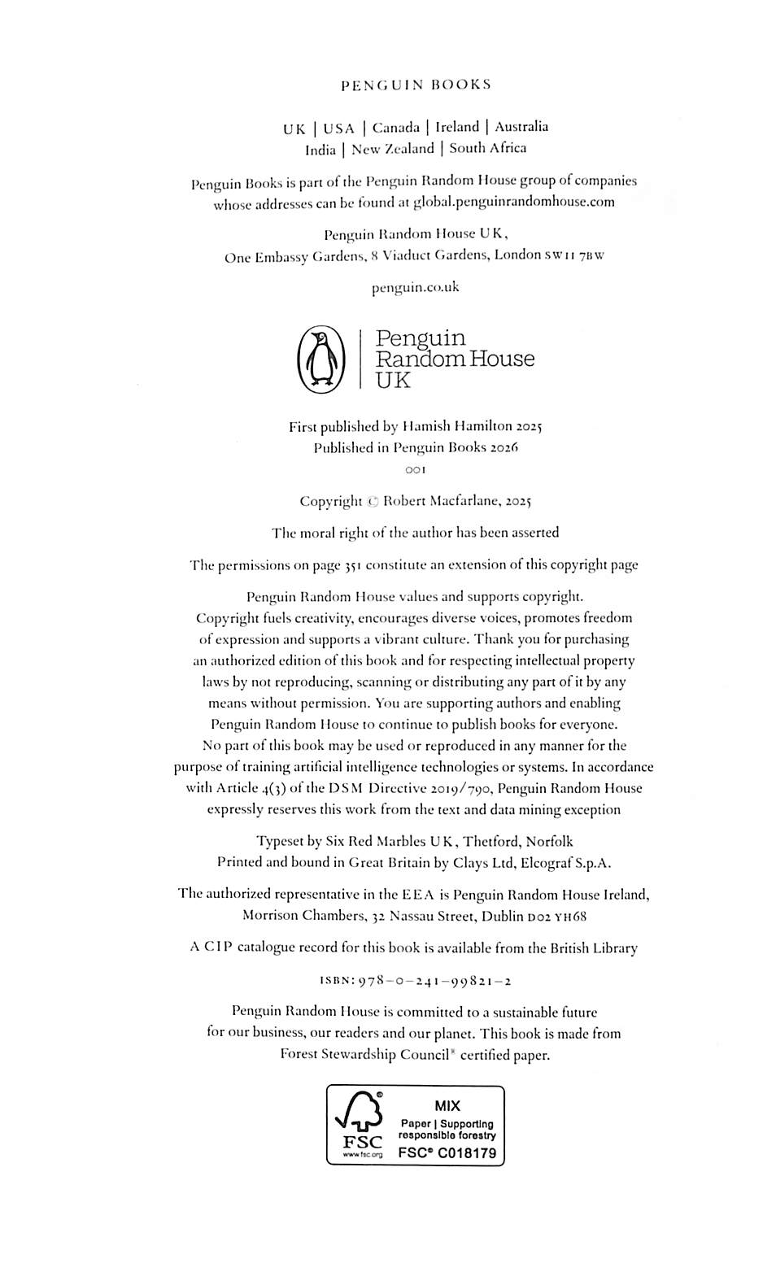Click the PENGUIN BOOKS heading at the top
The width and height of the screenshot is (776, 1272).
coord(416,85)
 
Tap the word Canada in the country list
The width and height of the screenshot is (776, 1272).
coord(396,128)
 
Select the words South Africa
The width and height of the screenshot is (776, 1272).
coord(487,148)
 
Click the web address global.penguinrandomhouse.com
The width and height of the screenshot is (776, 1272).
coord(514,203)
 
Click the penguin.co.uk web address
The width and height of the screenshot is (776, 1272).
coord(416,287)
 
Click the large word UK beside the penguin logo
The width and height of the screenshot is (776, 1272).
coord(393,381)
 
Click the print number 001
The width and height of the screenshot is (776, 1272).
coord(416,470)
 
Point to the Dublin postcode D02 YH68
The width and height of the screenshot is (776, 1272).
coord(556,917)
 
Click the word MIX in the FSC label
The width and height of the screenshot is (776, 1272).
coord(447,1106)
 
